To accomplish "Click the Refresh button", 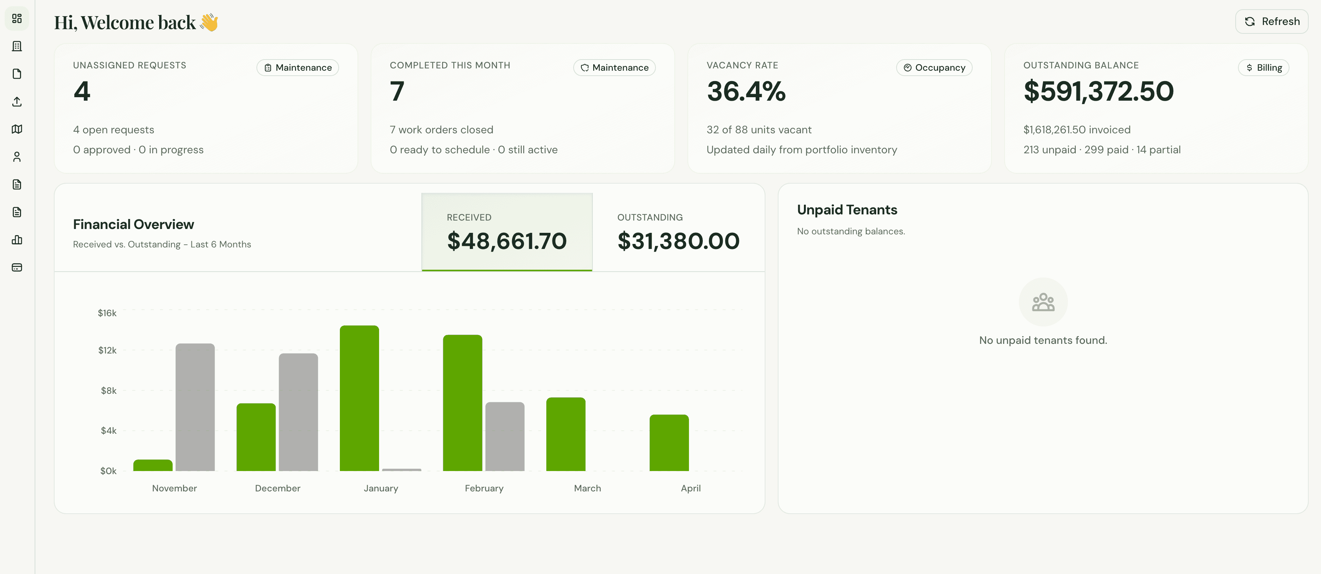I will (1271, 22).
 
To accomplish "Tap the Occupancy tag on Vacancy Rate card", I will (934, 68).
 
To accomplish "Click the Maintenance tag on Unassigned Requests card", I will (298, 68).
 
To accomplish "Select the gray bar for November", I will (195, 407).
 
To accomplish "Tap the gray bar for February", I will (505, 437).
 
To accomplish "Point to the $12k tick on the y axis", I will (107, 350).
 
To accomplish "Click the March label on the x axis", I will (587, 488).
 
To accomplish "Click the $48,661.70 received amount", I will (507, 241).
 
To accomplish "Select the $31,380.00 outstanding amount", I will (678, 241).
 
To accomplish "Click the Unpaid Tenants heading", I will (847, 210).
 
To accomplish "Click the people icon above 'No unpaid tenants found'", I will (1043, 302).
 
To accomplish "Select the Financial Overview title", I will (133, 224).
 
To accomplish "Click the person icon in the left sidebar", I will (17, 157).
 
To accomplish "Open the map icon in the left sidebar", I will (17, 129).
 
